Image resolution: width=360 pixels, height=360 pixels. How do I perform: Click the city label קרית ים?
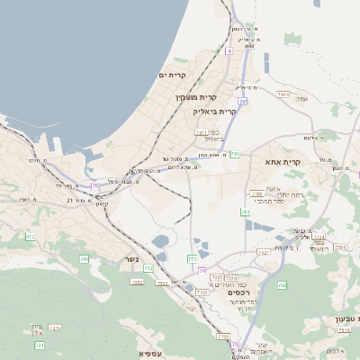[171, 75]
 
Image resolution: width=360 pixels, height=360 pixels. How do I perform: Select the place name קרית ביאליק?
[214, 112]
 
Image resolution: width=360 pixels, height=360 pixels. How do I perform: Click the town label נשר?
[131, 259]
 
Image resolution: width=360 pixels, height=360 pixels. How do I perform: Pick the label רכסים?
[238, 292]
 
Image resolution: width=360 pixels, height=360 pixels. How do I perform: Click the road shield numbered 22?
[243, 102]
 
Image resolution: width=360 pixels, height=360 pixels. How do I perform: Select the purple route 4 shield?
[229, 52]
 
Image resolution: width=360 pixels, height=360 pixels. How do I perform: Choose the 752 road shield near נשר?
[148, 267]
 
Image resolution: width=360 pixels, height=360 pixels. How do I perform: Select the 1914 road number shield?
[284, 94]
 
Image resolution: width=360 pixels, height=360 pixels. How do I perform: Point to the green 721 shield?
[40, 345]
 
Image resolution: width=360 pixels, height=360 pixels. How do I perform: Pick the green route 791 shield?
[235, 154]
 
